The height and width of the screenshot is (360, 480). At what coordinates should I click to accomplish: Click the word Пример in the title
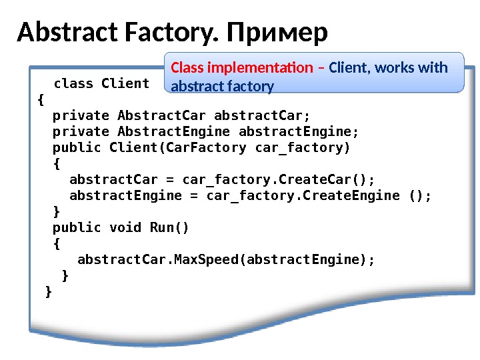(277, 32)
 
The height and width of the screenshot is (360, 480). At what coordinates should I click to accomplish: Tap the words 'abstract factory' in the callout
(223, 86)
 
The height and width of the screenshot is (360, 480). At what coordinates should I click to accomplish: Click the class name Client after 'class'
(125, 83)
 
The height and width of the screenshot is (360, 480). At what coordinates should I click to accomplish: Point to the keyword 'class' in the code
(73, 83)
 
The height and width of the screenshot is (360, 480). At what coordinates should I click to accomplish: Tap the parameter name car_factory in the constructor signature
(300, 147)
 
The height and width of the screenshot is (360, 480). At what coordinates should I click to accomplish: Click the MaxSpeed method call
(206, 259)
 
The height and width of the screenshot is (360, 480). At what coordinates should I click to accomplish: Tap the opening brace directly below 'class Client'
(41, 100)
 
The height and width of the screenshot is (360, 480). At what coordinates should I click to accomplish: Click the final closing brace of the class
(47, 291)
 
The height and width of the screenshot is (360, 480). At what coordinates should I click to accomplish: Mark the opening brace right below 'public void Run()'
(56, 243)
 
